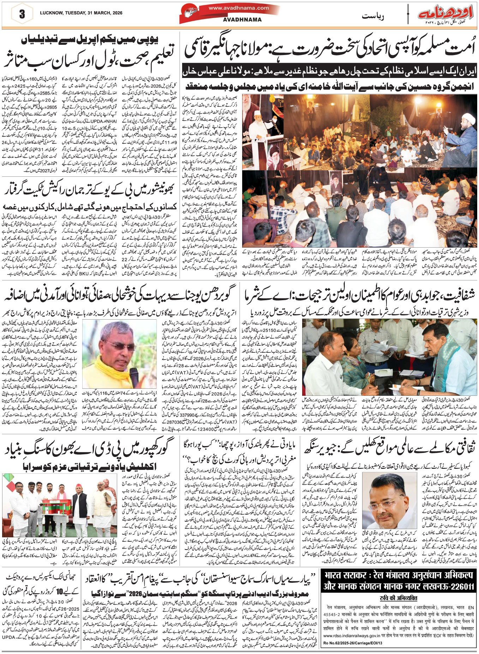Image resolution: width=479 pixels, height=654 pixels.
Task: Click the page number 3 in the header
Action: [22, 14]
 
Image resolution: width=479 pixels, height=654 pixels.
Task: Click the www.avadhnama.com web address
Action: [238, 8]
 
